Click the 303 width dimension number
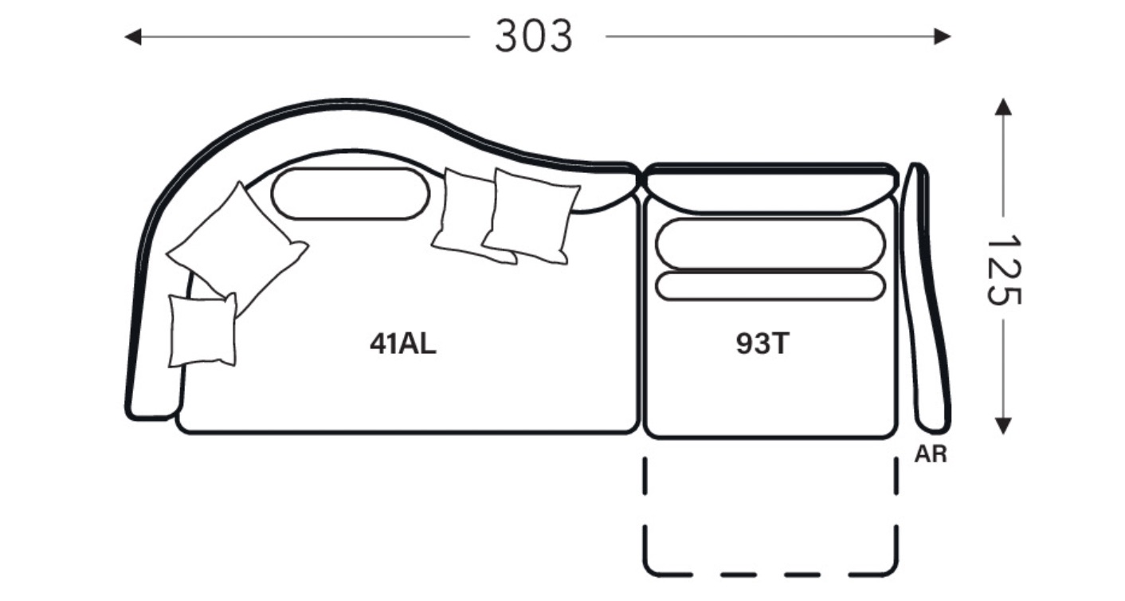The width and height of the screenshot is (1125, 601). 533,36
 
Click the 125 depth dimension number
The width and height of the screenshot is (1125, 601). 1003,269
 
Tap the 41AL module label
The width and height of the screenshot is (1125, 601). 403,344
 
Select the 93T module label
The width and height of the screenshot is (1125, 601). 762,344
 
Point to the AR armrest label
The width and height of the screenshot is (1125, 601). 931,454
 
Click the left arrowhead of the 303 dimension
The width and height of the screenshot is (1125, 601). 132,37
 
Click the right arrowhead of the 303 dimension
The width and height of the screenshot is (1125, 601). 943,37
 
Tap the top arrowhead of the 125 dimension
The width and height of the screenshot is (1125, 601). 1003,106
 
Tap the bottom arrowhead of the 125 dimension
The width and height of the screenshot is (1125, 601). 1003,426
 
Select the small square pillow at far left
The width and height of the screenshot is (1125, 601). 202,330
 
